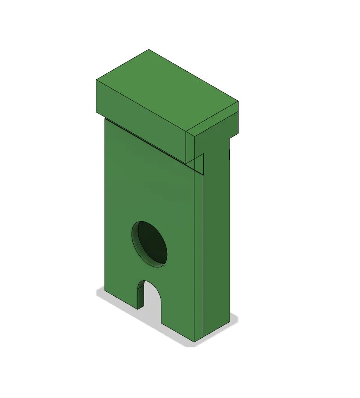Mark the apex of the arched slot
149,281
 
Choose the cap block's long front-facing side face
141,118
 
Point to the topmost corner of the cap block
149,50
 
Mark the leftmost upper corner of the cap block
96,80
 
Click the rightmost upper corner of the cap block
239,102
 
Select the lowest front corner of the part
195,342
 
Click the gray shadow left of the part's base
100,292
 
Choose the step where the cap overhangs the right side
229,138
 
